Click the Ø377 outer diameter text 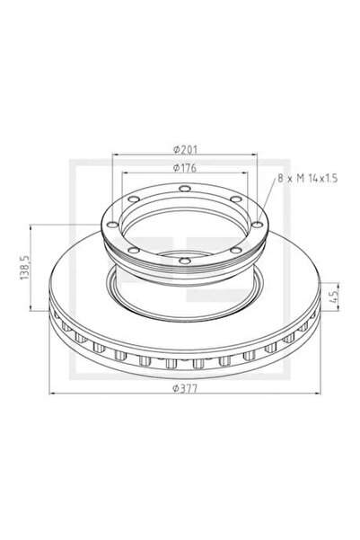[x=184, y=387]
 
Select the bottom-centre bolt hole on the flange [x=183, y=261]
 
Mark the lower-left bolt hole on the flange [x=132, y=249]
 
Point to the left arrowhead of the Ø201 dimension [x=114, y=155]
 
